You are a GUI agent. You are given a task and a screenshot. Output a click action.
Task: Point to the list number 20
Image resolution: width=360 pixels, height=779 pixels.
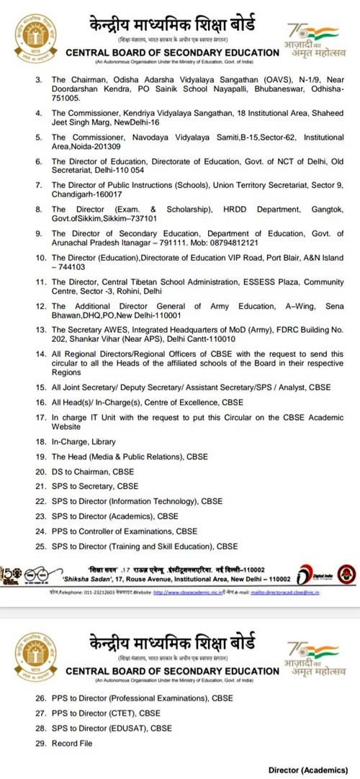(x=41, y=472)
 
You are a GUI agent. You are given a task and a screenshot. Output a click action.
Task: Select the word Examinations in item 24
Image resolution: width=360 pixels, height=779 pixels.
(x=166, y=531)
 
